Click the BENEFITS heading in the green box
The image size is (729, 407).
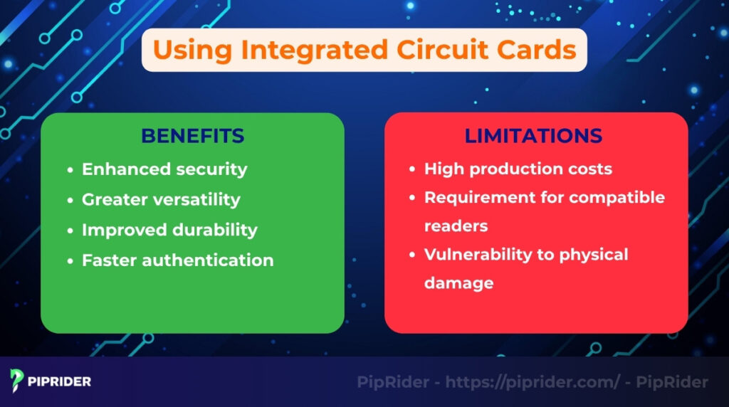(x=192, y=136)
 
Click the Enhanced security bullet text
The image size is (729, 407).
(x=164, y=169)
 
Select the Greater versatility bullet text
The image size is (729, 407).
(x=161, y=200)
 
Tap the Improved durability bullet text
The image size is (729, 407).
(x=169, y=230)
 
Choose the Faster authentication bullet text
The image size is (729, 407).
(x=177, y=260)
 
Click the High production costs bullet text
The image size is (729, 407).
(x=518, y=169)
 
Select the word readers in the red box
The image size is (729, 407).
(x=456, y=226)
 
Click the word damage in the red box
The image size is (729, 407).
(x=458, y=283)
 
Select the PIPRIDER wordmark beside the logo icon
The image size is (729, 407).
(x=61, y=381)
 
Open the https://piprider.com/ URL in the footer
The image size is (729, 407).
(x=533, y=382)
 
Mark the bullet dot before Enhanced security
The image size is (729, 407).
(x=70, y=170)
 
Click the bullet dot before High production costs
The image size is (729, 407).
(x=412, y=170)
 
